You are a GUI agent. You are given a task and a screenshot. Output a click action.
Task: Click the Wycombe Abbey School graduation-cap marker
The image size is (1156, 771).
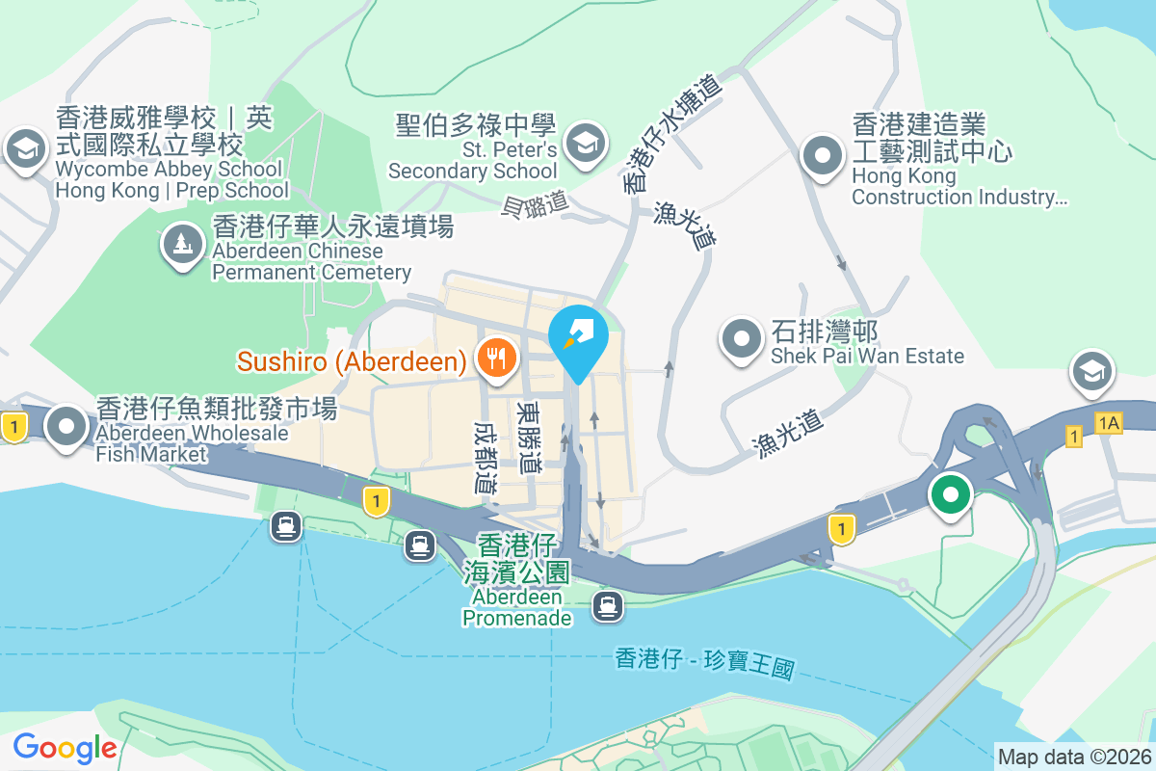(x=25, y=149)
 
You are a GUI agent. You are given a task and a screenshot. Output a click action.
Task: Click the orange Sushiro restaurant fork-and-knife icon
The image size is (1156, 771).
(x=497, y=359)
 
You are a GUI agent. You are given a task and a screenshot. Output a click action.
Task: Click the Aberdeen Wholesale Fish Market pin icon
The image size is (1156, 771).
(x=66, y=424)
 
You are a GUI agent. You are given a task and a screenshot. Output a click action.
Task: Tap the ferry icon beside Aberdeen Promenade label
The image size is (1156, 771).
(x=607, y=606)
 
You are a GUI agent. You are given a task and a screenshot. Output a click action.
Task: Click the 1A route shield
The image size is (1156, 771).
(x=1108, y=422)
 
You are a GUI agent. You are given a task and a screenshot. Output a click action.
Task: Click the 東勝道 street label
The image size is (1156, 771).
(x=529, y=437)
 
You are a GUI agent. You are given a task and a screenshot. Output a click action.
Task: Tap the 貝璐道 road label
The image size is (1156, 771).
(x=536, y=204)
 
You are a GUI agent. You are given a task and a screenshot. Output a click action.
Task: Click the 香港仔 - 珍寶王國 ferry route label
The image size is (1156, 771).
(x=704, y=662)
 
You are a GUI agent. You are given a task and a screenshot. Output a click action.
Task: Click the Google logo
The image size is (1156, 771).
(x=65, y=747)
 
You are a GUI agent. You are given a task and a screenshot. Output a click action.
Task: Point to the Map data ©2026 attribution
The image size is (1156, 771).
(x=1074, y=757)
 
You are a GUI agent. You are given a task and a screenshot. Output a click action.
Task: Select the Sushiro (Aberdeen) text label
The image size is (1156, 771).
(x=353, y=361)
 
